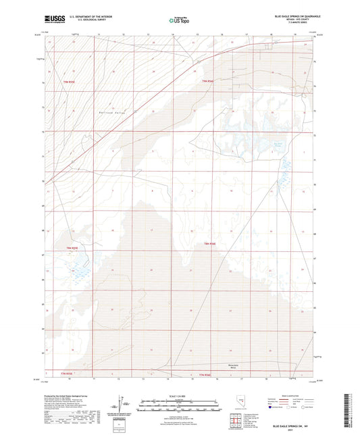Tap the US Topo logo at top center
point(179,20)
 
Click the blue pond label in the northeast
point(277,145)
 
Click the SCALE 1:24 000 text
point(179,395)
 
